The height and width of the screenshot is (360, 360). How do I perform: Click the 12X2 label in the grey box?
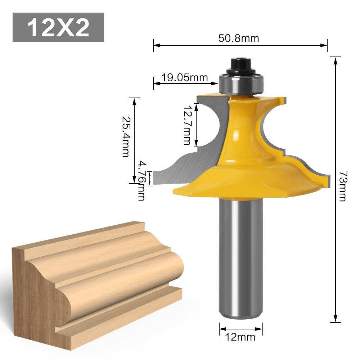tap(58, 28)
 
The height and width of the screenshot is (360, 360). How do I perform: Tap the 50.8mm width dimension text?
tap(238, 38)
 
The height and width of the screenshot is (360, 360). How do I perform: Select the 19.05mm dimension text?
tap(184, 77)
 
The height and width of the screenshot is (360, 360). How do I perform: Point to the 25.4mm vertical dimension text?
tap(125, 137)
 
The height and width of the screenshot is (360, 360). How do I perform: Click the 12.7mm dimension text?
tap(186, 125)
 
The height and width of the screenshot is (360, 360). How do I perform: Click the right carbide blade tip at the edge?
tap(327, 180)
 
